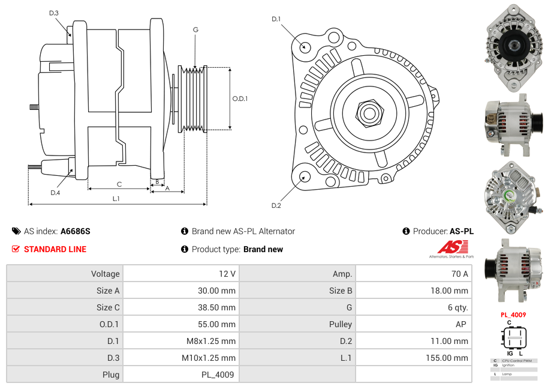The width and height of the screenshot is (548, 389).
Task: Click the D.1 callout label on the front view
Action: point(276,19)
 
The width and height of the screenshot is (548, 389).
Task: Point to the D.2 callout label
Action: point(276,206)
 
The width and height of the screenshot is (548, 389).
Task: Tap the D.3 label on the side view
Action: point(54,13)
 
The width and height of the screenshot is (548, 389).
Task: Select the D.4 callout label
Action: point(55,193)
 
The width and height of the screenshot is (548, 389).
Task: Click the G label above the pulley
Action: point(195,29)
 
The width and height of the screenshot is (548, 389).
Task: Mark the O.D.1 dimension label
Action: point(240,99)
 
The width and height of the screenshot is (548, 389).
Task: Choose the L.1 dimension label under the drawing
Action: point(116,199)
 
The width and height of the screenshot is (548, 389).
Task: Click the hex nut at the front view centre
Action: point(369,112)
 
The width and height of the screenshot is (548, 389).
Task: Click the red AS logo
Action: point(453,247)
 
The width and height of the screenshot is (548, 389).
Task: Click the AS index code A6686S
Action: point(76,231)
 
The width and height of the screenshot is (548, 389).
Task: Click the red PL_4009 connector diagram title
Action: point(513,315)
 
